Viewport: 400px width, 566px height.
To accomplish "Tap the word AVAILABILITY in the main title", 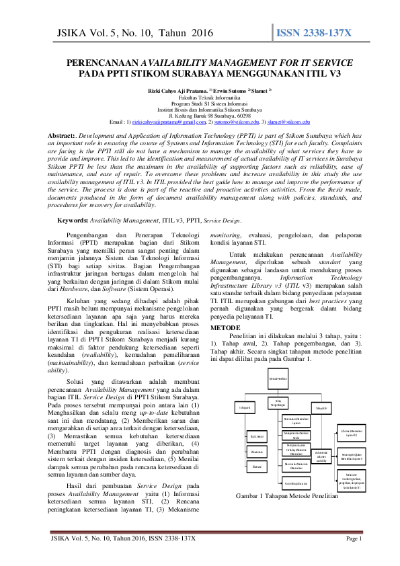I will pyautogui.click(x=184, y=62).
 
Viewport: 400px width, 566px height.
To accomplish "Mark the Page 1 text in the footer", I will pyautogui.click(x=354, y=557).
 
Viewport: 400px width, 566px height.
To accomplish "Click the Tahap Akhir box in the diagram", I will pyautogui.click(x=321, y=408).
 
